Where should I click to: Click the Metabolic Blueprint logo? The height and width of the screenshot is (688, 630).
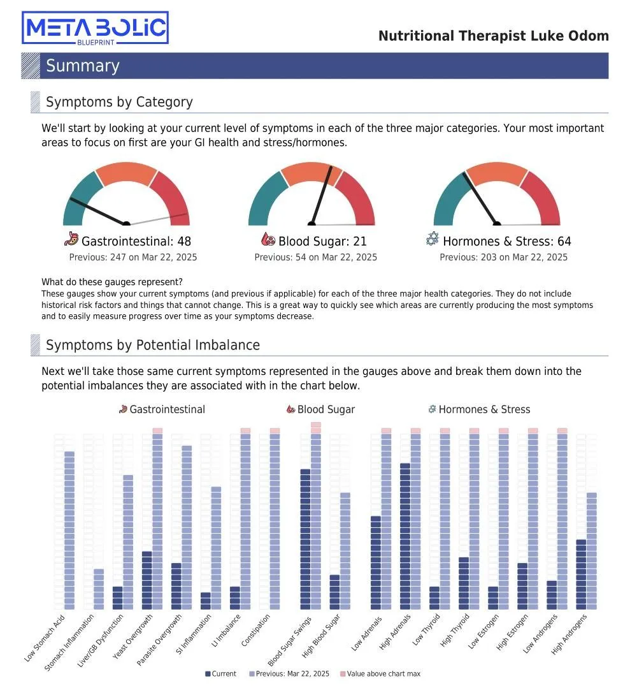click(95, 27)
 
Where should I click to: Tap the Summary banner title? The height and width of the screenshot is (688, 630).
click(83, 66)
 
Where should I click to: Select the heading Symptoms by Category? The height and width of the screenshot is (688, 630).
click(119, 102)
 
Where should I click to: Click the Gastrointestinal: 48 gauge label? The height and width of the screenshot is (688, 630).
click(136, 241)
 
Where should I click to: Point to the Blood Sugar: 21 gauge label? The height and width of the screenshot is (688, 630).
click(322, 241)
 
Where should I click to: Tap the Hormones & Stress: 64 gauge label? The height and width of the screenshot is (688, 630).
click(507, 241)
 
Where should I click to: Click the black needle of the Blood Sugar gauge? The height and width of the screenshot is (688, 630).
click(321, 195)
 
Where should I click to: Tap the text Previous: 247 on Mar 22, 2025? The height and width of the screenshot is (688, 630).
click(133, 257)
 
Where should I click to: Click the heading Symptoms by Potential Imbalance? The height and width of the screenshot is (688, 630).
click(153, 345)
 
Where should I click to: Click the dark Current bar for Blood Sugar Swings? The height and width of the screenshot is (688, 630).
click(305, 539)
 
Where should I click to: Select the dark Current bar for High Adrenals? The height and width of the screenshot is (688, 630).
click(405, 536)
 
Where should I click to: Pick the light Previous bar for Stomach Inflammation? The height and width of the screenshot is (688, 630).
click(99, 589)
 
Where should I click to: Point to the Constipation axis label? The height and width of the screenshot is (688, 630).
click(255, 630)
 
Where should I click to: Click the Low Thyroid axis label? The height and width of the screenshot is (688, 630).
click(426, 629)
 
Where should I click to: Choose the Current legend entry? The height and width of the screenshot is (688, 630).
click(221, 673)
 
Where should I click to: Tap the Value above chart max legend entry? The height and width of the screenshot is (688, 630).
click(380, 673)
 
